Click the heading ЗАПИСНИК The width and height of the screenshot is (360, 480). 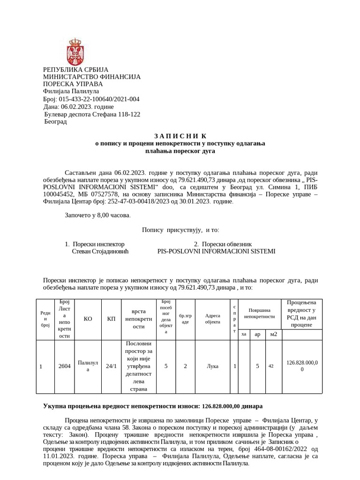click(x=180, y=136)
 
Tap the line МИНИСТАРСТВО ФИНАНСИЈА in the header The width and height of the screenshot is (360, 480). click(x=92, y=76)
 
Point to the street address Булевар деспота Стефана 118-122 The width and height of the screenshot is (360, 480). click(x=92, y=114)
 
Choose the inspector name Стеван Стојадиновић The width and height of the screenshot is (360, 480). click(x=100, y=251)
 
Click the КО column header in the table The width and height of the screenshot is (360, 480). click(x=88, y=319)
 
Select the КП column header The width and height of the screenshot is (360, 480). click(x=111, y=319)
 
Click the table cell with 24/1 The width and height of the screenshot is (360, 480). click(x=111, y=366)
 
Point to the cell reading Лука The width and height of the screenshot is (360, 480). click(x=212, y=366)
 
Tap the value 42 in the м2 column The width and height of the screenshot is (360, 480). click(x=271, y=366)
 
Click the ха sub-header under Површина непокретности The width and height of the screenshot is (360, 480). click(x=243, y=334)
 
